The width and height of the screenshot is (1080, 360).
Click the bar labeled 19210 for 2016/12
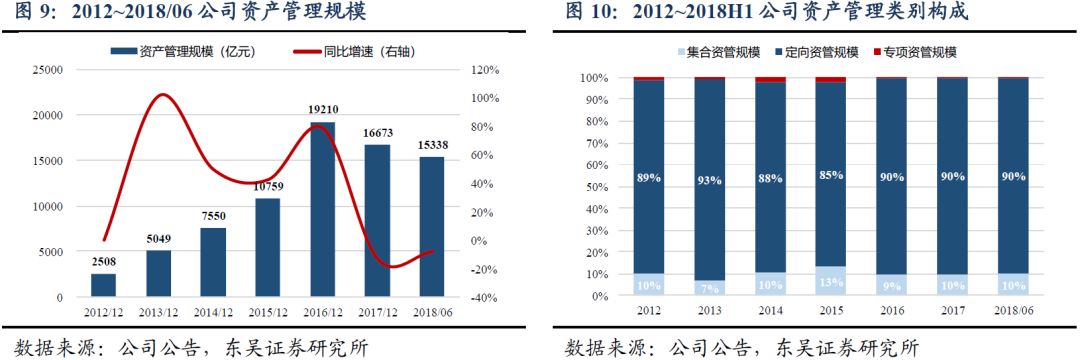tap(322, 210)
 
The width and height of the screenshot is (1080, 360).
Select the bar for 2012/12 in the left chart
tap(103, 285)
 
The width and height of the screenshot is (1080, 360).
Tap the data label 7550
tap(213, 217)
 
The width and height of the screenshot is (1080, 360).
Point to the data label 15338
tap(431, 146)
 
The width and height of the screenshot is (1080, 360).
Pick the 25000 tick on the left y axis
tap(47, 70)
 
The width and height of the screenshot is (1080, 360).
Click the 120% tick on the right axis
tap(485, 70)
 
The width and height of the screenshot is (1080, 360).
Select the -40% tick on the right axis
tap(485, 298)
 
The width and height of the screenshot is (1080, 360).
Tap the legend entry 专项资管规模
tap(915, 51)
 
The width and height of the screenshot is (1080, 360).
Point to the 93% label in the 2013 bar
tap(709, 179)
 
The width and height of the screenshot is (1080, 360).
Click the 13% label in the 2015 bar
tap(830, 281)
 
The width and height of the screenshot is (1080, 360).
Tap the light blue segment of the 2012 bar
tap(648, 285)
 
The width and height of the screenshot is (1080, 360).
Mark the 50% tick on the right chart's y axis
tap(594, 187)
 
